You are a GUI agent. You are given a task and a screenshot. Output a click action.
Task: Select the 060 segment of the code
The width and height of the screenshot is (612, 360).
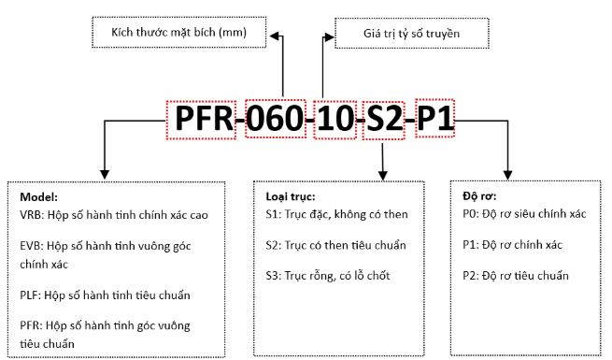pos(276,118)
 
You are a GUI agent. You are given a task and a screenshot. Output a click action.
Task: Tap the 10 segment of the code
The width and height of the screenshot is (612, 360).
pos(335,118)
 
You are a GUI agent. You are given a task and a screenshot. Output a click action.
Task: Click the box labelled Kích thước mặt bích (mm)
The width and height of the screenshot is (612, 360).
pos(178,34)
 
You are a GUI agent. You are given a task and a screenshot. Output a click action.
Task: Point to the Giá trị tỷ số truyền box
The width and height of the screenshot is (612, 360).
pos(411,34)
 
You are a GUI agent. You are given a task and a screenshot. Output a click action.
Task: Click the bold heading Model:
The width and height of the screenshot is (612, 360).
pos(38,198)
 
